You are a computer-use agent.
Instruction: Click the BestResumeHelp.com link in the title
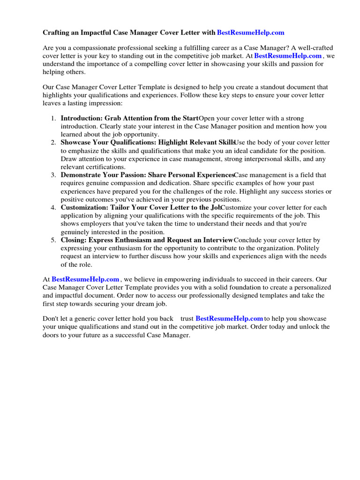click(251, 33)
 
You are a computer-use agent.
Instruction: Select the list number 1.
click(54, 119)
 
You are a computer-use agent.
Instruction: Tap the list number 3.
click(54, 175)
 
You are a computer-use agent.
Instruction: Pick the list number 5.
click(54, 240)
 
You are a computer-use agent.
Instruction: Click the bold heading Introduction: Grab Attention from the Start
click(130, 119)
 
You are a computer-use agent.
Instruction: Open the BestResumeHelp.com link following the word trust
click(229, 319)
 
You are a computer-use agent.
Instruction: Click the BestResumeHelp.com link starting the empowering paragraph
click(85, 279)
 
